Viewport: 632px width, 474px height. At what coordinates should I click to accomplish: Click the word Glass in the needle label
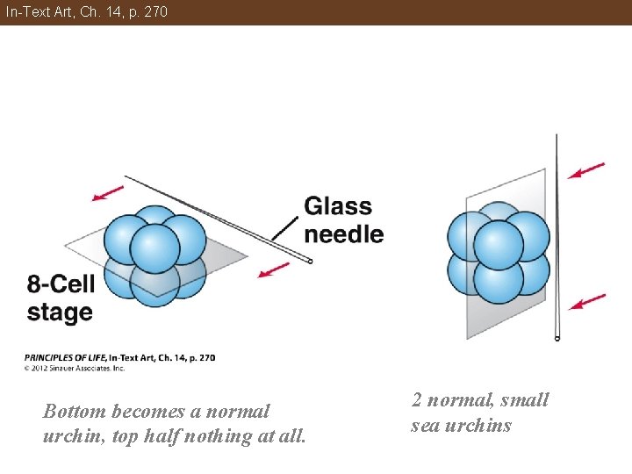[338, 206]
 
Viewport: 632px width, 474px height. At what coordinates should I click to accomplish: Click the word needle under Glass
[343, 234]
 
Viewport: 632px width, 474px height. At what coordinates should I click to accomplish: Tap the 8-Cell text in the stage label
[61, 284]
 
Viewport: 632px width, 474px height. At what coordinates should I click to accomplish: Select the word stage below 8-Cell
[60, 312]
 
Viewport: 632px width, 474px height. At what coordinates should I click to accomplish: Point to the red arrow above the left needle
[108, 192]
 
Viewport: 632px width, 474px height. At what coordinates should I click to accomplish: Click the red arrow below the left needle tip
[275, 269]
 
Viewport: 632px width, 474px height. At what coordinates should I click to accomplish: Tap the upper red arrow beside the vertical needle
[586, 169]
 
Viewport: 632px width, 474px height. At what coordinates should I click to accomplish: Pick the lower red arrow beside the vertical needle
[586, 301]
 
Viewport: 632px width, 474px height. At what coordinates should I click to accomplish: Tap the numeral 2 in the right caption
[417, 400]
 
